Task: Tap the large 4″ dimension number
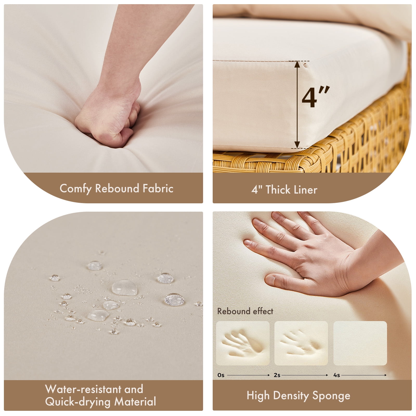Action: coord(315,97)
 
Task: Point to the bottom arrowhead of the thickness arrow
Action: coord(297,145)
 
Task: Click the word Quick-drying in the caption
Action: coord(78,402)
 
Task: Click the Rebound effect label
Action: coord(245,311)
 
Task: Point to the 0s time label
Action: coord(221,375)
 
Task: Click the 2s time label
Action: coord(277,375)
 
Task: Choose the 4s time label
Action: coord(337,375)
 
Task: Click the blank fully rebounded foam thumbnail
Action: coord(360,343)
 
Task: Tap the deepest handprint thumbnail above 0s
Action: coord(243,343)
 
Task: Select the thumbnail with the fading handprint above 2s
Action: coord(301,343)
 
